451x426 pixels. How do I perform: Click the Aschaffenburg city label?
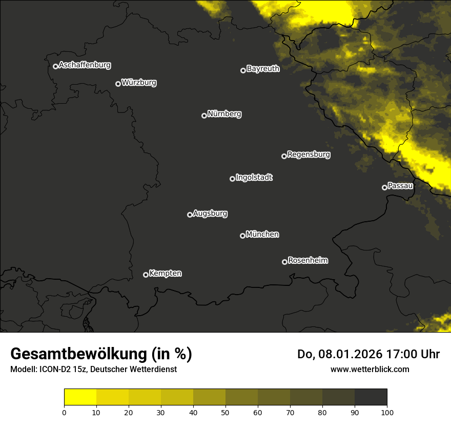click(85, 65)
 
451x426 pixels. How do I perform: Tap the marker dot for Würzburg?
click(118, 84)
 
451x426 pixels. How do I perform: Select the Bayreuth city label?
click(263, 69)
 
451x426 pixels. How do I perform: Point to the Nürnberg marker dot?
click(204, 115)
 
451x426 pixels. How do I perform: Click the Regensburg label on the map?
click(309, 154)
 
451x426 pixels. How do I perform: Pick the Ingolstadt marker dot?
click(232, 179)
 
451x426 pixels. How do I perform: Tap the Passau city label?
click(400, 186)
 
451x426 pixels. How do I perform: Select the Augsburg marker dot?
click(190, 215)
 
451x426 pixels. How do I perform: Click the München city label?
click(262, 235)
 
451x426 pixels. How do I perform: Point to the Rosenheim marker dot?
click(284, 262)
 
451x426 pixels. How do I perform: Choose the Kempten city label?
click(165, 274)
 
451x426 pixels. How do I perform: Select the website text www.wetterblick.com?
click(370, 369)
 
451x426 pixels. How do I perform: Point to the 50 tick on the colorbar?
click(225, 412)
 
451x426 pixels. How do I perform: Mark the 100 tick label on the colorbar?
click(387, 412)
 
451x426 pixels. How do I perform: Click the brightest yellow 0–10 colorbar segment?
click(80, 397)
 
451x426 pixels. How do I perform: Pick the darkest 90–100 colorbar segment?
click(371, 397)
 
